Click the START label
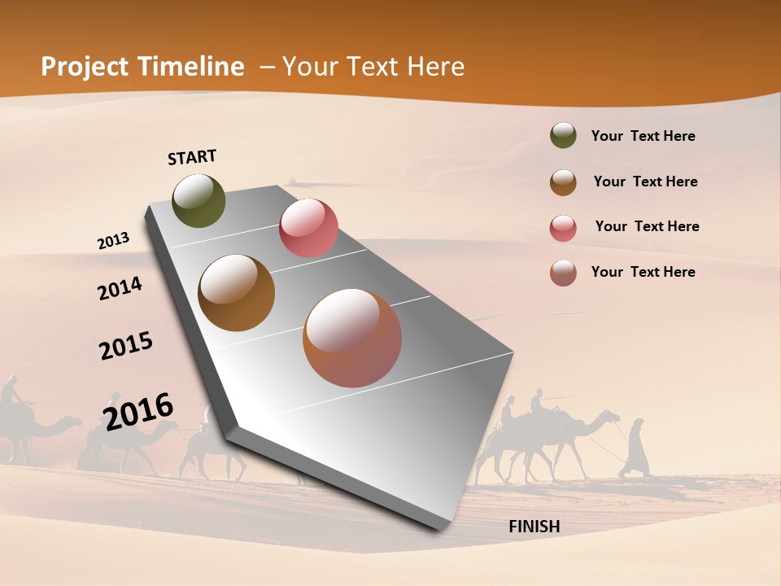pyautogui.click(x=192, y=157)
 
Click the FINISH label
pyautogui.click(x=534, y=527)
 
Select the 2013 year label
pyautogui.click(x=113, y=241)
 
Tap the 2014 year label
pyautogui.click(x=120, y=288)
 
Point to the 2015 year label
pyautogui.click(x=126, y=346)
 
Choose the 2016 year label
pyautogui.click(x=138, y=411)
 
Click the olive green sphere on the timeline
pyautogui.click(x=199, y=201)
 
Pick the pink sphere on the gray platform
pyautogui.click(x=308, y=228)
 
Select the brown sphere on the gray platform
pyautogui.click(x=237, y=293)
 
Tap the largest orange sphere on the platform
pyautogui.click(x=352, y=338)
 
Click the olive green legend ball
pyautogui.click(x=563, y=136)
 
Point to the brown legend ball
pyautogui.click(x=563, y=182)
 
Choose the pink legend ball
pyautogui.click(x=563, y=228)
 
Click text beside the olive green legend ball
pyautogui.click(x=643, y=136)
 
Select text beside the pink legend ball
pyautogui.click(x=647, y=226)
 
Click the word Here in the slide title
pyautogui.click(x=436, y=67)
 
